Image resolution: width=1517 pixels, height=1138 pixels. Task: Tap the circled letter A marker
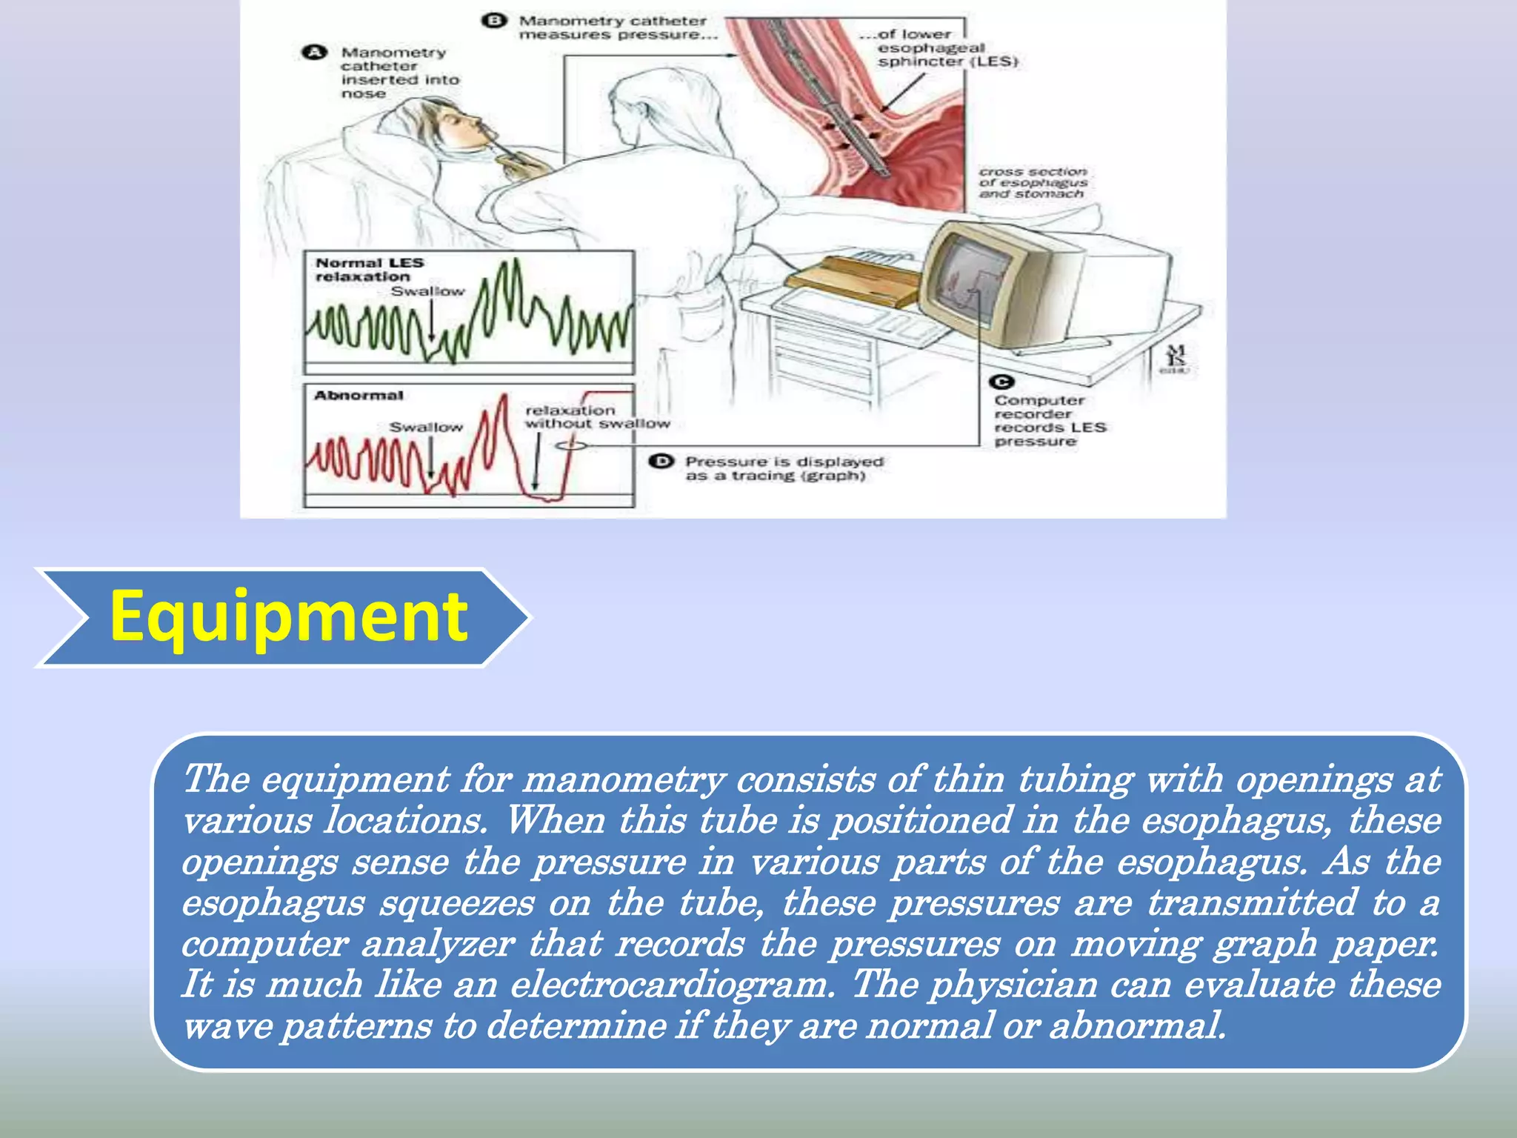[x=314, y=53]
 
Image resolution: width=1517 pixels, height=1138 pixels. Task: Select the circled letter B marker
[x=493, y=21]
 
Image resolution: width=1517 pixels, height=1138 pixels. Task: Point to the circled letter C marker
[x=1001, y=382]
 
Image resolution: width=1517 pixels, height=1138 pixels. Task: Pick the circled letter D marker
[x=661, y=462]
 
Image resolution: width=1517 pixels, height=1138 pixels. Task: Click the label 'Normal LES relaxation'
[x=369, y=270]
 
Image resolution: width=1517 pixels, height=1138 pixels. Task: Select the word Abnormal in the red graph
[x=359, y=396]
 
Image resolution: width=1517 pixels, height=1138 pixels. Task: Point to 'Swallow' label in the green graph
[x=427, y=291]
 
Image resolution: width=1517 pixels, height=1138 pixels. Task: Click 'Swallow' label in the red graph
[x=426, y=427]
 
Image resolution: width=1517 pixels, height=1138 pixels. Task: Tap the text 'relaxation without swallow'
[x=596, y=416]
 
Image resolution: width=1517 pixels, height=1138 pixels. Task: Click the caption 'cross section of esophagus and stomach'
[x=1033, y=182]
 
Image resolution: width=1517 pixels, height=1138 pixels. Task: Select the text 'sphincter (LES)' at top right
[x=948, y=61]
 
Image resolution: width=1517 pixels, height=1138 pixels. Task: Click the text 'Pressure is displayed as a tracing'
[x=784, y=468]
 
